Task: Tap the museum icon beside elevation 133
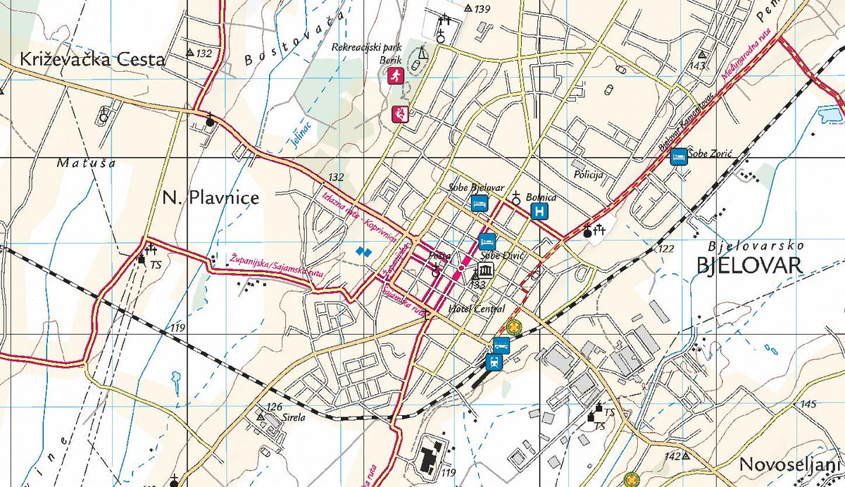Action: pos(484,271)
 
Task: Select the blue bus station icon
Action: pos(501,345)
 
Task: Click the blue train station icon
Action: pos(494,362)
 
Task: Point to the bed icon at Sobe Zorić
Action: pos(679,156)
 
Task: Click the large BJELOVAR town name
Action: pos(749,266)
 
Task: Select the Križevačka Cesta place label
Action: pos(92,59)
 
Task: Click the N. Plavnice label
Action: pos(210,198)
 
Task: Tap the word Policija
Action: pos(589,175)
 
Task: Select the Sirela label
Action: pos(293,417)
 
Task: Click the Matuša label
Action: pos(86,164)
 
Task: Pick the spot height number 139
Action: pos(482,9)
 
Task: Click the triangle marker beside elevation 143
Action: pos(701,54)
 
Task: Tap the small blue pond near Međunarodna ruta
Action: pos(832,113)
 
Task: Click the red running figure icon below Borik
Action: pos(396,76)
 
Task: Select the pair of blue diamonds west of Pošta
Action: pos(363,251)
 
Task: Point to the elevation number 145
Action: pos(808,404)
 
